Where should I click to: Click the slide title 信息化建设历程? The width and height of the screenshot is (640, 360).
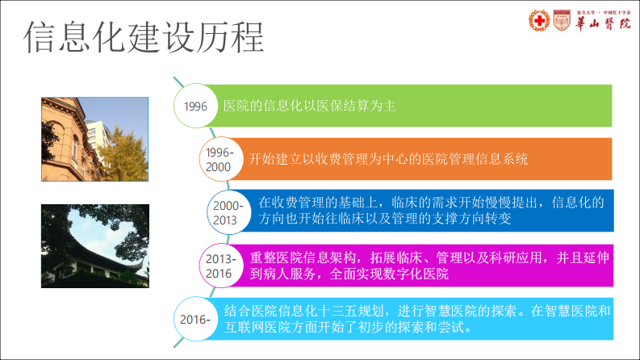[144, 37]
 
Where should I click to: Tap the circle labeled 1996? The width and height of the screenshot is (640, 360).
[196, 107]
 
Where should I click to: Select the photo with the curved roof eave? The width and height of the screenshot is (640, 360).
[95, 245]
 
